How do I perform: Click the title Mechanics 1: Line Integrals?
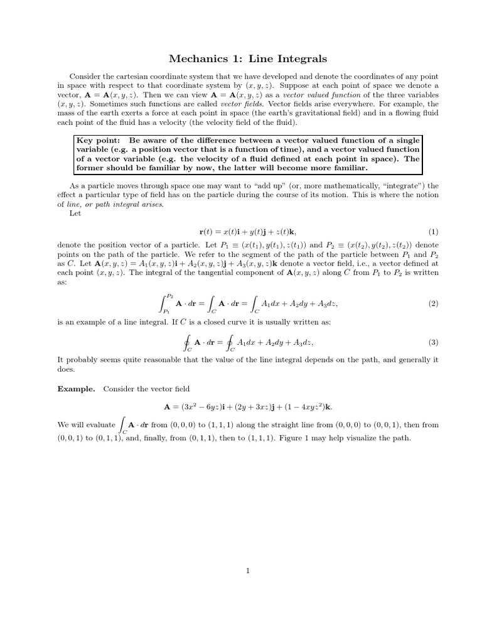[x=249, y=59]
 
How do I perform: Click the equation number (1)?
[x=433, y=232]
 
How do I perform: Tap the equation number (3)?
[x=433, y=343]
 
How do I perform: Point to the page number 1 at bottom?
[x=249, y=571]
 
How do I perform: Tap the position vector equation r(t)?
[x=249, y=232]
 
